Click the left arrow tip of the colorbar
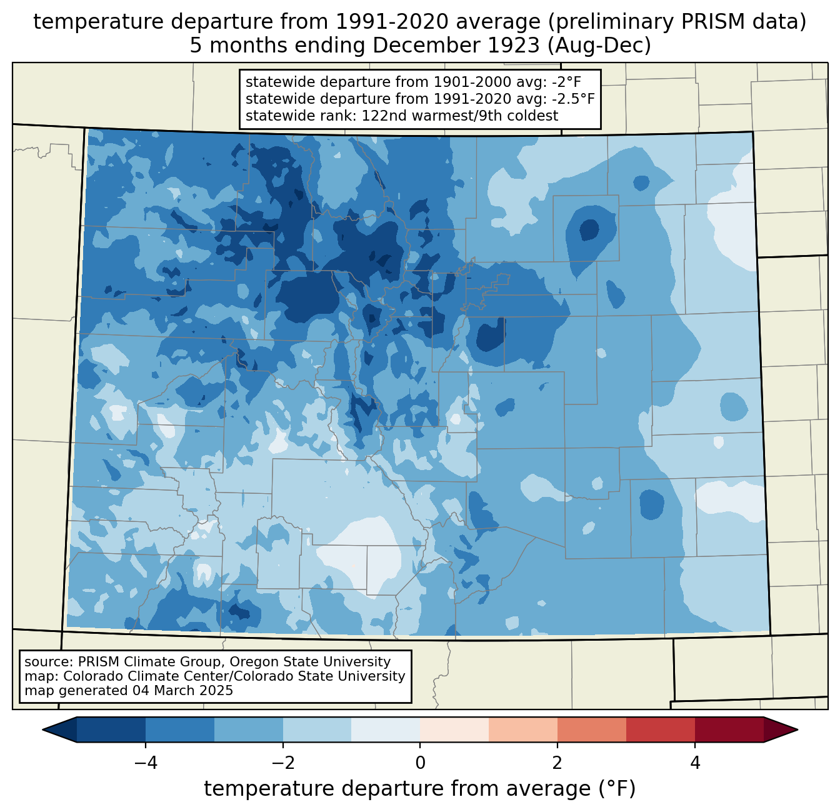pyautogui.click(x=42, y=730)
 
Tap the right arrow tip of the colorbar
pyautogui.click(x=797, y=730)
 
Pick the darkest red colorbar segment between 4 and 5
pyautogui.click(x=729, y=730)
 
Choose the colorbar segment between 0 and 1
pyautogui.click(x=454, y=730)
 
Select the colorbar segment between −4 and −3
pyautogui.click(x=179, y=730)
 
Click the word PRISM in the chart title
pyautogui.click(x=706, y=22)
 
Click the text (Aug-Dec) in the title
pyautogui.click(x=599, y=46)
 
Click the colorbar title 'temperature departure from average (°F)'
pyautogui.click(x=419, y=788)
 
